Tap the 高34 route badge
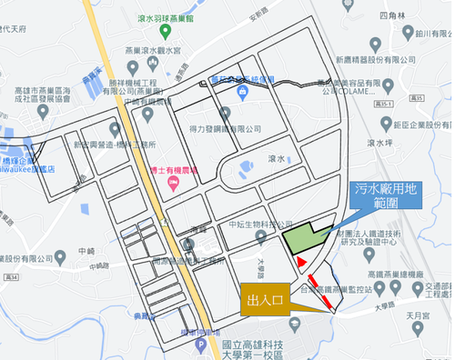tap(12, 275)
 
